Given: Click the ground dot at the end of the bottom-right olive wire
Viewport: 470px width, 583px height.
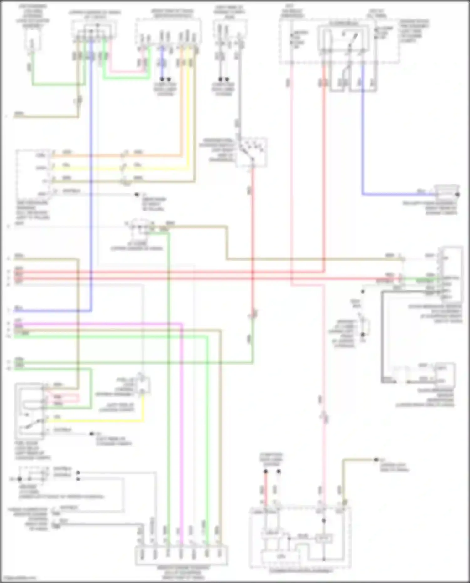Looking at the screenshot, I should tap(376, 460).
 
